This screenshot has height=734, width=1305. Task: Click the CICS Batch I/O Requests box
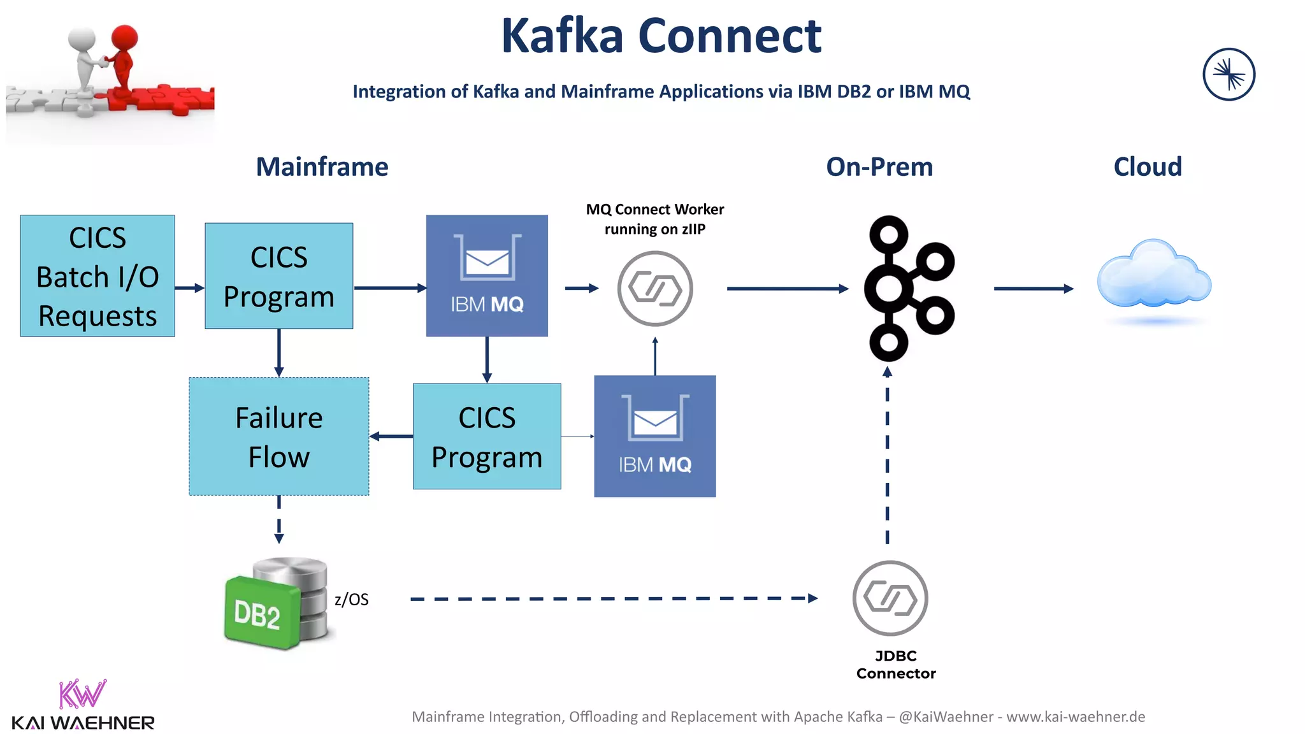pyautogui.click(x=97, y=276)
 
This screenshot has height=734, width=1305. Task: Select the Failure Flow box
pyautogui.click(x=279, y=436)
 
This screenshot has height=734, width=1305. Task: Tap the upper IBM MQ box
pyautogui.click(x=487, y=275)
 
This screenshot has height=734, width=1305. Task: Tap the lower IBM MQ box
pyautogui.click(x=654, y=436)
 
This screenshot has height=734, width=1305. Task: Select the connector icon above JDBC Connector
pyautogui.click(x=890, y=598)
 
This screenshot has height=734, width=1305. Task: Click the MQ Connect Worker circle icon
pyautogui.click(x=655, y=289)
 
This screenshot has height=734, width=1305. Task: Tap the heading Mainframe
pyautogui.click(x=322, y=167)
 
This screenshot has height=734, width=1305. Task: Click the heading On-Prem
pyautogui.click(x=879, y=167)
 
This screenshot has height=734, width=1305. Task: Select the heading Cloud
pyautogui.click(x=1148, y=167)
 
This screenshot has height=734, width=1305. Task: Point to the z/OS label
pyautogui.click(x=352, y=599)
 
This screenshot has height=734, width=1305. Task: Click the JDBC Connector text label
pyautogui.click(x=896, y=665)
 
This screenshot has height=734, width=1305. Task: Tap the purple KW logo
pyautogui.click(x=82, y=694)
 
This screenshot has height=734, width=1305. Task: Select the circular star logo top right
pyautogui.click(x=1229, y=75)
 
